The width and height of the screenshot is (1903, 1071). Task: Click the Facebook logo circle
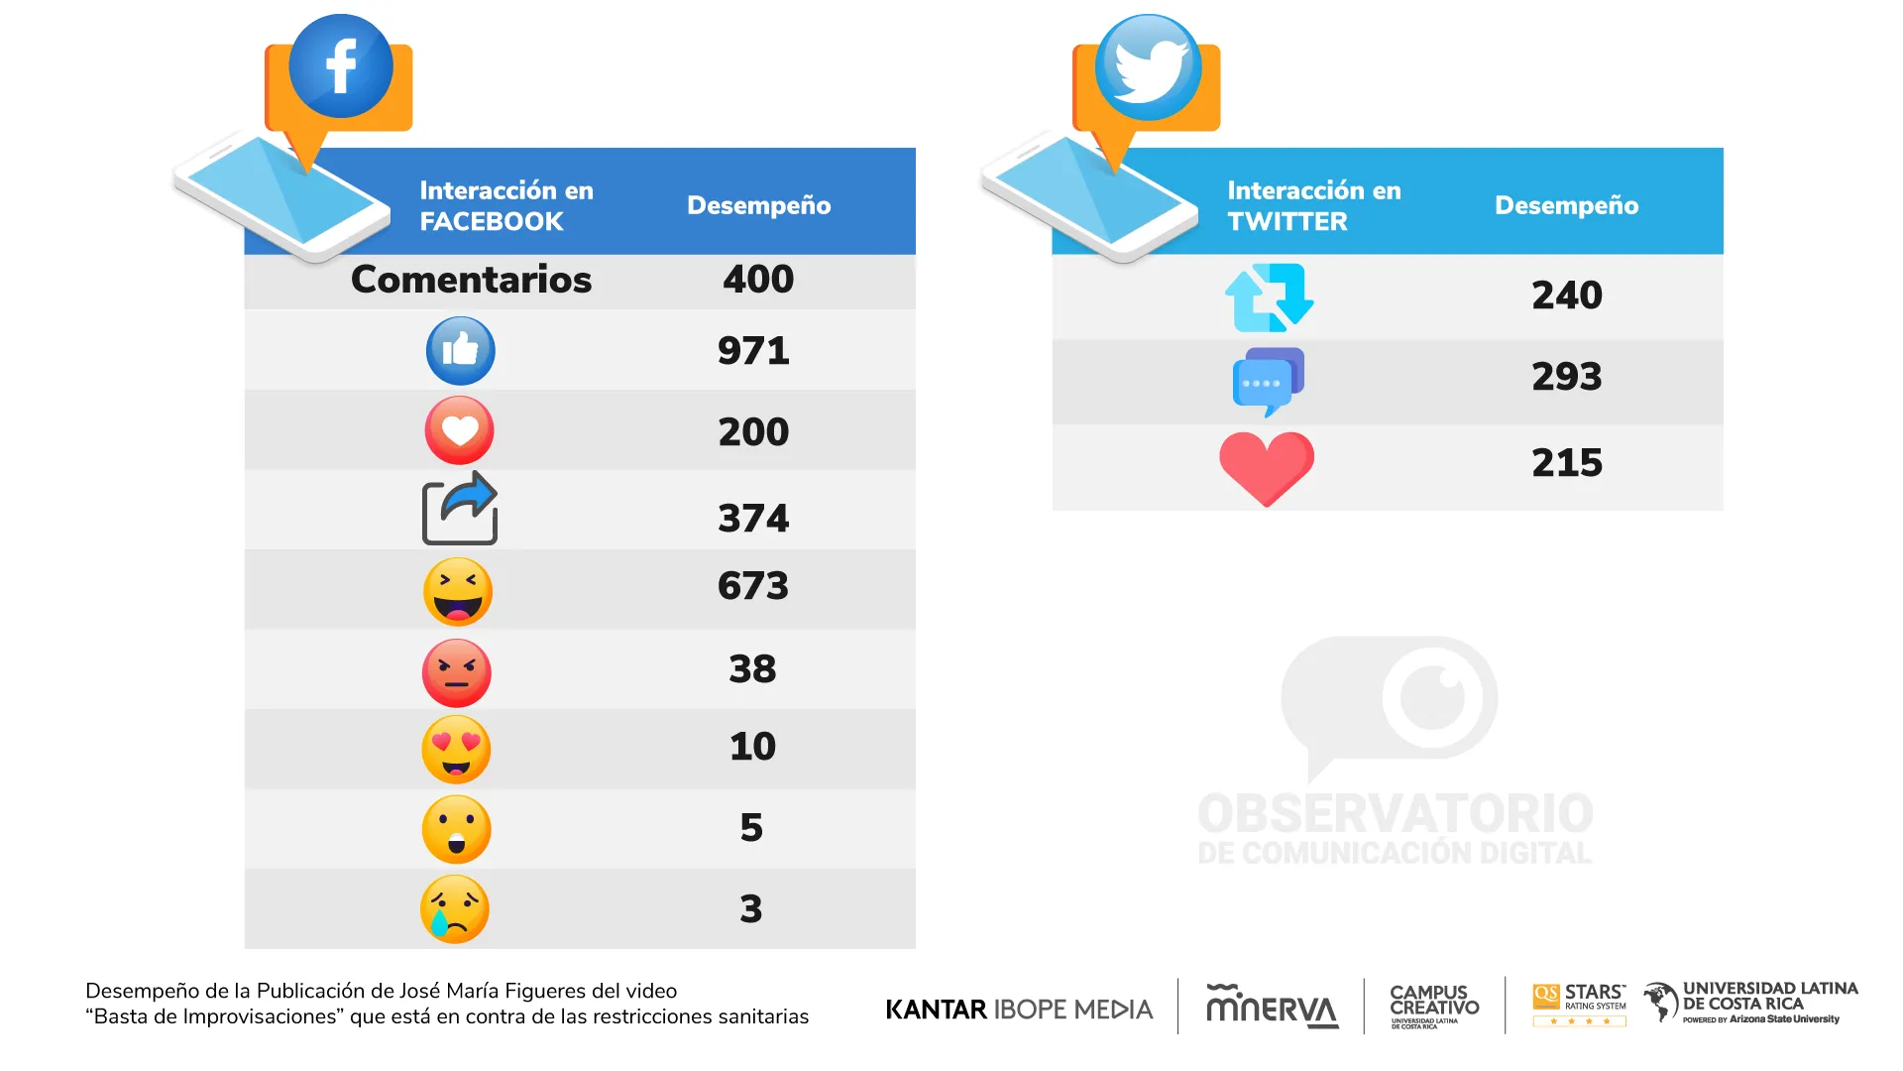click(340, 66)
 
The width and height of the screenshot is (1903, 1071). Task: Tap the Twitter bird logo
click(1148, 67)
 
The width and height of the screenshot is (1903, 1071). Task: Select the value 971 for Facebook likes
click(753, 351)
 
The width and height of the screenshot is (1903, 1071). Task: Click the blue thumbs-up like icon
click(460, 351)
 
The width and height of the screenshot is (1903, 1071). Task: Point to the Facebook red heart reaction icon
click(459, 430)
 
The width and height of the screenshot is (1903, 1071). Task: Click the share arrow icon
click(460, 509)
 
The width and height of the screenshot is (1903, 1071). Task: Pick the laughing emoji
click(457, 592)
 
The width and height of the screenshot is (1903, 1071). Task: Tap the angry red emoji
click(456, 672)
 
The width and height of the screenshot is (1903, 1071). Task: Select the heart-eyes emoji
click(456, 750)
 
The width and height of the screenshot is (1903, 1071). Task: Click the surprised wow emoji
click(456, 829)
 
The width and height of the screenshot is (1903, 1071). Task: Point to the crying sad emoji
click(455, 908)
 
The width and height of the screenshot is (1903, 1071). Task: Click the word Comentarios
click(471, 280)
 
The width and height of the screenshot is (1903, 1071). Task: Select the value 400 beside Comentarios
click(758, 280)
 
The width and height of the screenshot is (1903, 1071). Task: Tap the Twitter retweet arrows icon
click(1269, 297)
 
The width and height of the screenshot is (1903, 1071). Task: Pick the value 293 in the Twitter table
click(1566, 377)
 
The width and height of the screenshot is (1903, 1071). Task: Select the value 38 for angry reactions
click(752, 669)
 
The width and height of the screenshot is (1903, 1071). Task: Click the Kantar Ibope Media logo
click(1019, 1010)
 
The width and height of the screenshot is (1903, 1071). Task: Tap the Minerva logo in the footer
click(1272, 1008)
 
